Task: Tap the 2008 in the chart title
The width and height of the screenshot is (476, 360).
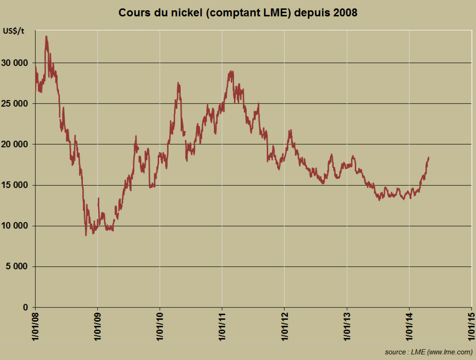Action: coord(345,13)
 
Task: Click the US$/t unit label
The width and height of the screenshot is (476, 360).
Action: coord(14,31)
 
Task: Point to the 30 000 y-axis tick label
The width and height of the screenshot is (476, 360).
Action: coord(15,63)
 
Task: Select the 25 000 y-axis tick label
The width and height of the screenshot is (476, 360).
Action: coord(15,104)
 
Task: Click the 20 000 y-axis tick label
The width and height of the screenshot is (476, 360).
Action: coord(15,144)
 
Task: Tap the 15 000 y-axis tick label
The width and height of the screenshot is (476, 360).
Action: coord(15,185)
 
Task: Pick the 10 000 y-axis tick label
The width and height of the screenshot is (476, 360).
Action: coord(15,226)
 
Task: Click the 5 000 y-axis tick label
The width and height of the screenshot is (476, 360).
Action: coord(17,267)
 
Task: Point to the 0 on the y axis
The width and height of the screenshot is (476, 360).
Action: coord(26,307)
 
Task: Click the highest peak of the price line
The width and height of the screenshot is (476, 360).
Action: coord(46,36)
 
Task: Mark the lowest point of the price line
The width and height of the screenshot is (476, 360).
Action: coord(86,235)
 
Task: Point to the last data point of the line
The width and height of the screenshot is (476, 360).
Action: coord(429,158)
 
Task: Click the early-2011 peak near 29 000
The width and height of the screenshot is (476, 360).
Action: coord(231,71)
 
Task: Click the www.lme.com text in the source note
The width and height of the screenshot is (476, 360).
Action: coord(450,352)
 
